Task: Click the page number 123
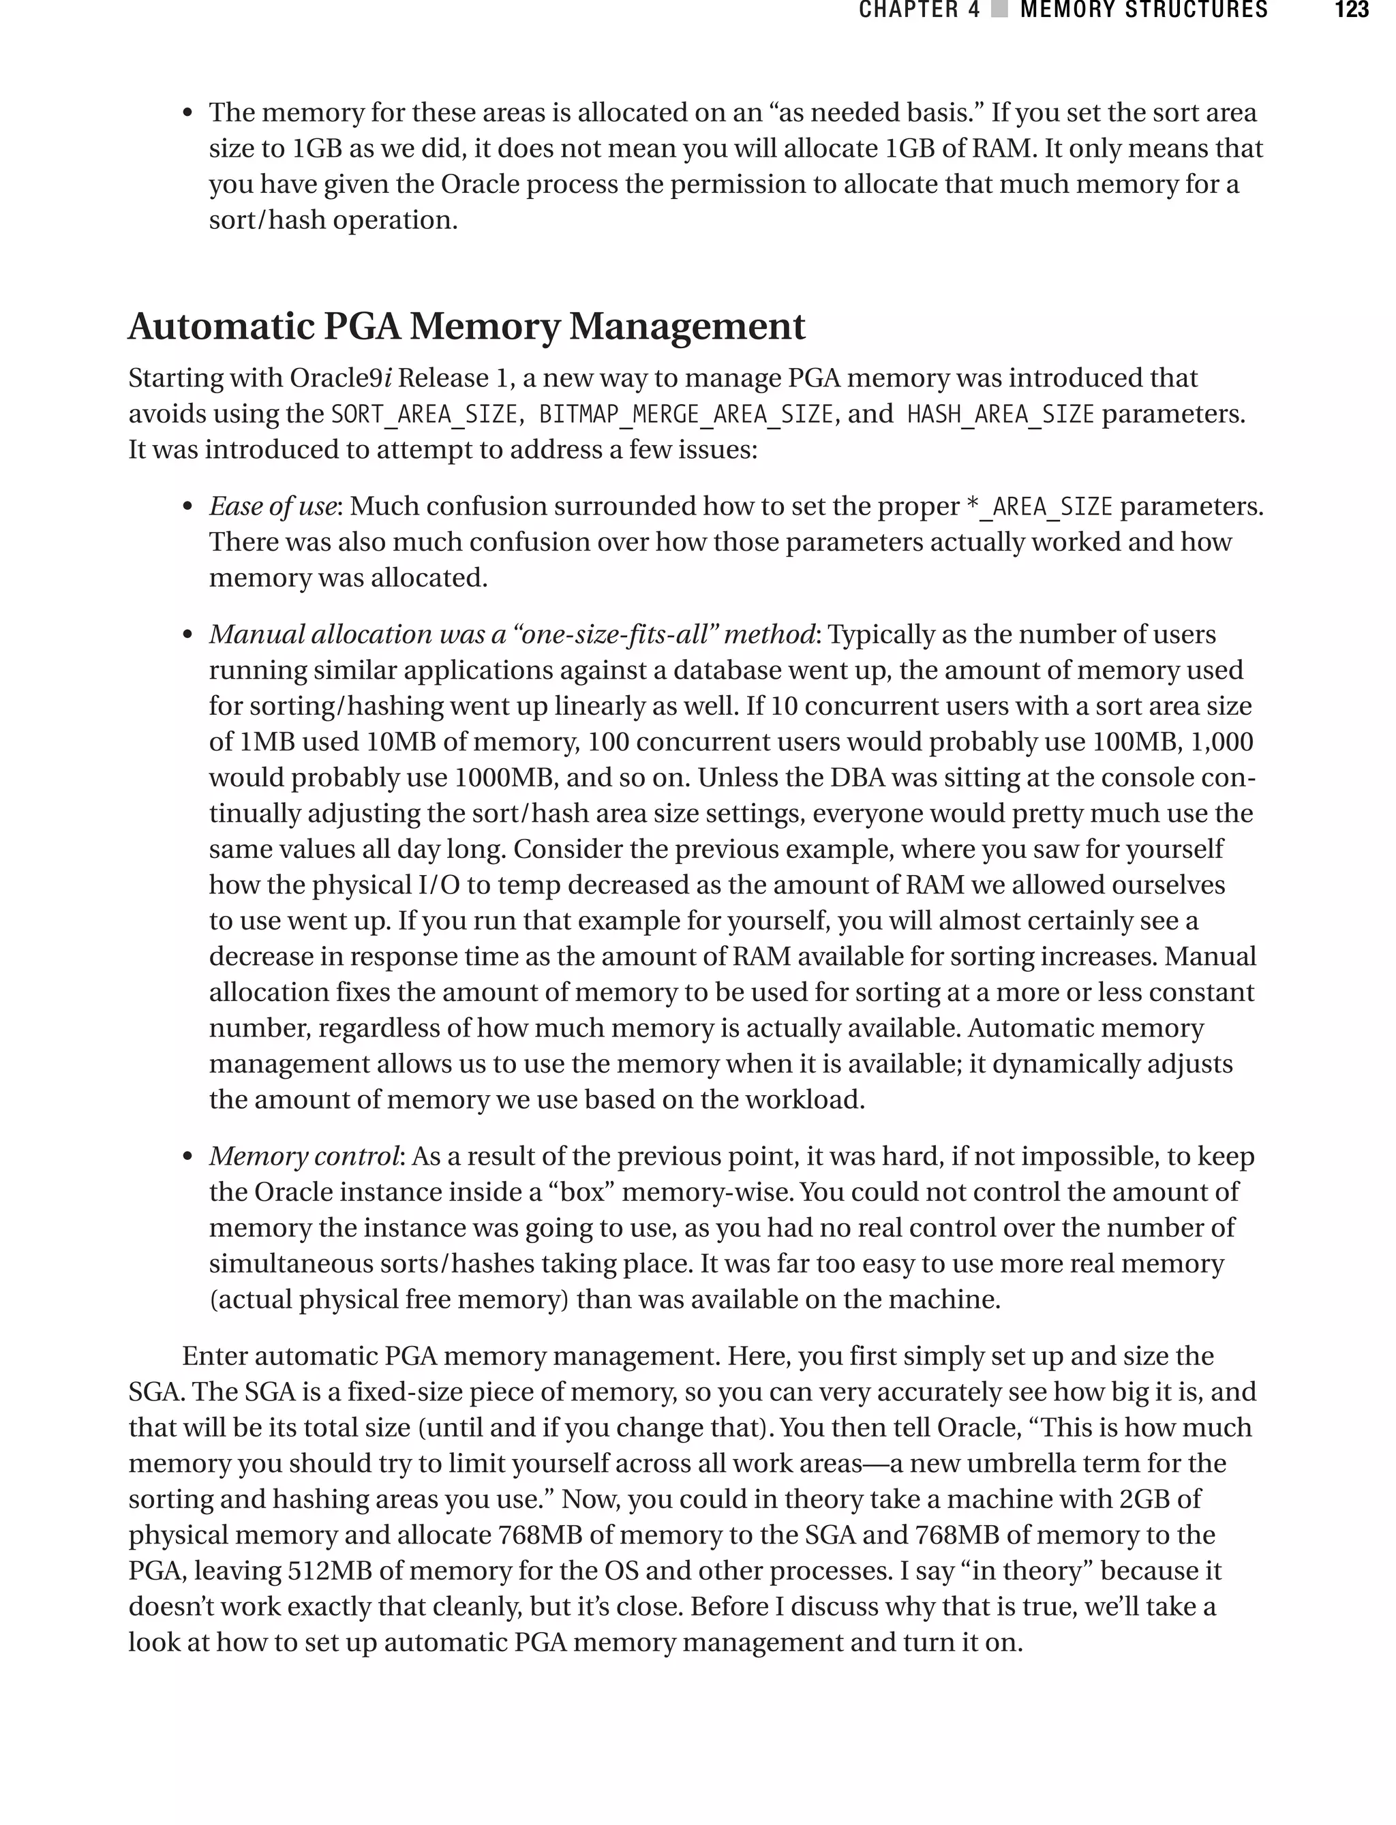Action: click(x=1351, y=10)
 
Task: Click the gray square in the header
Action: click(x=1001, y=10)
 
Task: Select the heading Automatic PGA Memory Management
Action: click(x=466, y=326)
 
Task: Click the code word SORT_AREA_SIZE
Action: click(x=425, y=414)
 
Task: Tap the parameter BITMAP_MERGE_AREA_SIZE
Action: click(x=686, y=414)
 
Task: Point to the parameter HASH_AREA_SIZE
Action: click(x=1001, y=414)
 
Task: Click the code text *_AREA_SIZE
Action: click(x=1039, y=507)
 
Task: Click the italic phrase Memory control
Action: click(x=304, y=1156)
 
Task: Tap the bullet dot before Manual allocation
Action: click(x=188, y=635)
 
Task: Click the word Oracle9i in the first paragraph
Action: click(x=341, y=378)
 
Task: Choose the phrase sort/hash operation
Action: click(x=333, y=220)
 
